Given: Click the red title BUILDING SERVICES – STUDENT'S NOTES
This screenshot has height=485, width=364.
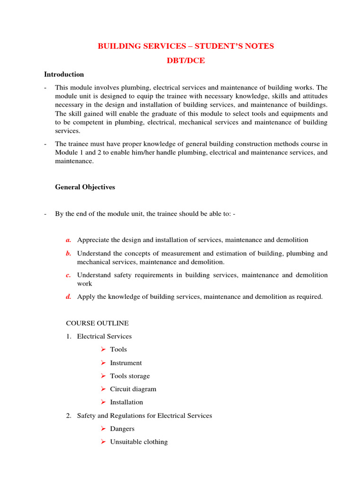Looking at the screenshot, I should pyautogui.click(x=185, y=46).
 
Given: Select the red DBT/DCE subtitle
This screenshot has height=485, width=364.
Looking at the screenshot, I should pyautogui.click(x=185, y=60).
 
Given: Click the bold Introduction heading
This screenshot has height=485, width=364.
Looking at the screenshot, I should pyautogui.click(x=64, y=74).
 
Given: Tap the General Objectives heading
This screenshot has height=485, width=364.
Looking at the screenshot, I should pyautogui.click(x=85, y=187).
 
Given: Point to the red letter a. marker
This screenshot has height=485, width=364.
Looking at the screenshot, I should pyautogui.click(x=69, y=240).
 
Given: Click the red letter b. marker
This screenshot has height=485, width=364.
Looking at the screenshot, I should pyautogui.click(x=69, y=253).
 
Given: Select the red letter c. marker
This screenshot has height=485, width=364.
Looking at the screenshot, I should pyautogui.click(x=69, y=275).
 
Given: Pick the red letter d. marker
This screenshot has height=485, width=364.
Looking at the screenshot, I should pyautogui.click(x=69, y=297).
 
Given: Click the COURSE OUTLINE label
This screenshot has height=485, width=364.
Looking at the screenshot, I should pyautogui.click(x=97, y=323).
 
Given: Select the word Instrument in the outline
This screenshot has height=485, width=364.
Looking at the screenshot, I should pyautogui.click(x=126, y=363).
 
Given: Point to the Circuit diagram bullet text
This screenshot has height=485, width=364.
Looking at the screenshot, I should pyautogui.click(x=133, y=389).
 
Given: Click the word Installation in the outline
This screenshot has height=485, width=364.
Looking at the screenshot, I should pyautogui.click(x=126, y=402).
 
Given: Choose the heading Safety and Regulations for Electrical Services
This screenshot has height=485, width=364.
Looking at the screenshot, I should pyautogui.click(x=144, y=415).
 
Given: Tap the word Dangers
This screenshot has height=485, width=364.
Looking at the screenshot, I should pyautogui.click(x=122, y=429).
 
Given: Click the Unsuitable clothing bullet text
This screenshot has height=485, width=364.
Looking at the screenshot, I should pyautogui.click(x=138, y=442).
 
